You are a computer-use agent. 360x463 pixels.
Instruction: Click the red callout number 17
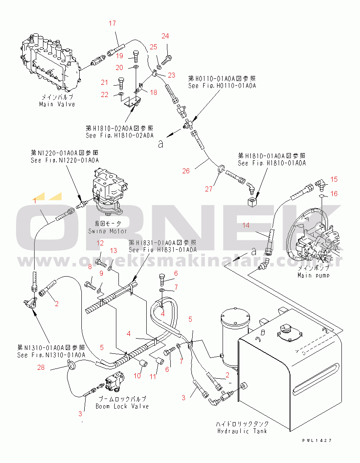click(112, 23)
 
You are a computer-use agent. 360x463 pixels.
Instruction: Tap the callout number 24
click(165, 36)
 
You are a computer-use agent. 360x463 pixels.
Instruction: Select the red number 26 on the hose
click(186, 171)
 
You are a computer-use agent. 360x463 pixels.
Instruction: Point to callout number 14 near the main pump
click(246, 225)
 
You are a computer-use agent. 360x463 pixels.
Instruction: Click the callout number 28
click(40, 369)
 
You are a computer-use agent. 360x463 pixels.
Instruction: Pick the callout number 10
click(137, 375)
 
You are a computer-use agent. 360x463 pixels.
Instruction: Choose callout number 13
click(113, 251)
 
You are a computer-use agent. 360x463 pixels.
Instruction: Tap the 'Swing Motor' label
click(107, 231)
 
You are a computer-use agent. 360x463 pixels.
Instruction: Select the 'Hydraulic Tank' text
click(242, 431)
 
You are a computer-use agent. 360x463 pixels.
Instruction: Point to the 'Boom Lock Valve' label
click(122, 406)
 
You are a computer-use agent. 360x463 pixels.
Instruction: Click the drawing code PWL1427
click(317, 440)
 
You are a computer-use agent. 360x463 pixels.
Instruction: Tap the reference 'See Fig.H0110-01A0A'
click(222, 86)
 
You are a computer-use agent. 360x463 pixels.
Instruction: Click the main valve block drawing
click(50, 61)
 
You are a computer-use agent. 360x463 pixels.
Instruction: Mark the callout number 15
click(334, 180)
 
